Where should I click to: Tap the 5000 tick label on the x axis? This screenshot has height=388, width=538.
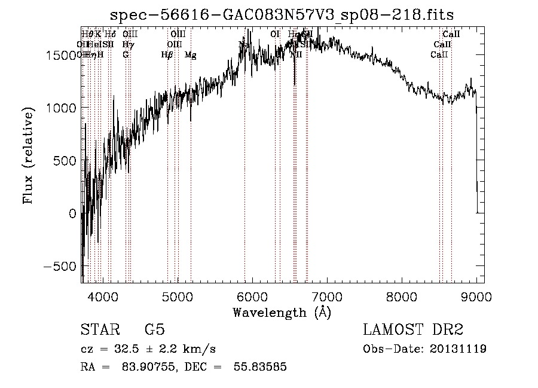[x=178, y=296]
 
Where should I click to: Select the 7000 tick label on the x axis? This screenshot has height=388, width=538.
[x=327, y=296]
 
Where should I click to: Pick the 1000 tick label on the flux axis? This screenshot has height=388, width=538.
[x=62, y=108]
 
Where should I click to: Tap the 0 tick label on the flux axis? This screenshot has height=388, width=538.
[x=73, y=213]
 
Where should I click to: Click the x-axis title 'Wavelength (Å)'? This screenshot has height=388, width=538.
[x=282, y=312]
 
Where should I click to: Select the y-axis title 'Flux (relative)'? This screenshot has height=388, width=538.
[x=29, y=155]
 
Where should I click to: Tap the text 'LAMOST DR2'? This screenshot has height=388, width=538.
[x=413, y=330]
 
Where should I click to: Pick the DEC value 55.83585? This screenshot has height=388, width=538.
[x=258, y=367]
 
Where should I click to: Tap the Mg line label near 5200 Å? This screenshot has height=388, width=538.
[x=191, y=55]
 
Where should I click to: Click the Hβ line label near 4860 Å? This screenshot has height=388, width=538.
[x=167, y=55]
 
